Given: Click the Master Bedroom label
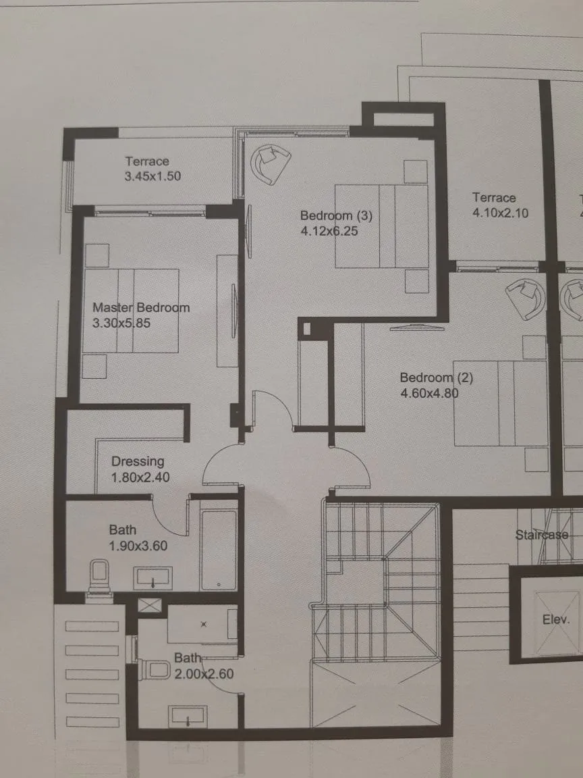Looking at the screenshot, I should [x=141, y=307].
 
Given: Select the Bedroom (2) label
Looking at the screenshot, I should [x=436, y=378].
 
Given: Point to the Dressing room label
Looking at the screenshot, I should [x=138, y=461].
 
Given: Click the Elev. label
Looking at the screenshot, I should [x=556, y=619].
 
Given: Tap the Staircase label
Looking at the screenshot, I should [x=541, y=535].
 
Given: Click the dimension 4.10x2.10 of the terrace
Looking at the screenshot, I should [x=500, y=213].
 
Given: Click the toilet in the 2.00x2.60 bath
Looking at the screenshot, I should [x=155, y=669].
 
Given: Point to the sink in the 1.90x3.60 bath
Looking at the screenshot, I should [x=154, y=579].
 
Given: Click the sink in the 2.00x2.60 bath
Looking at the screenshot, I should [x=188, y=716].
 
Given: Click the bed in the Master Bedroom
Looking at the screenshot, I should [x=132, y=311].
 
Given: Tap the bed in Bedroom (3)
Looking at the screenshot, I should [x=382, y=226].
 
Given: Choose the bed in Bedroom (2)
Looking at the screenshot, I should [x=500, y=403].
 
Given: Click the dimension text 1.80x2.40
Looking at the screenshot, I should [x=140, y=477].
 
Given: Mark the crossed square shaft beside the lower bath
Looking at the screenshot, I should [x=150, y=604].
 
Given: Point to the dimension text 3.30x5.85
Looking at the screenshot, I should [x=121, y=323].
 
